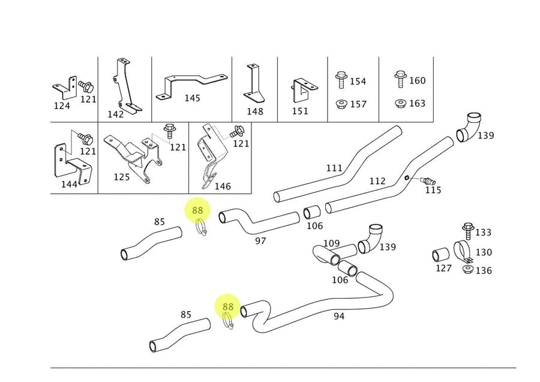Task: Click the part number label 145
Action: (x=193, y=98)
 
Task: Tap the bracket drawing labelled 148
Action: (x=254, y=84)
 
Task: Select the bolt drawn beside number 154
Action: (x=341, y=80)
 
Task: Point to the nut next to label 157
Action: (x=341, y=104)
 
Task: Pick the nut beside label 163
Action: (x=400, y=103)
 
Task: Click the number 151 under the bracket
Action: (x=300, y=111)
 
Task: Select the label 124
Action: (x=62, y=106)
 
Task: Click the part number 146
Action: (x=223, y=187)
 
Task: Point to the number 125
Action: (x=122, y=178)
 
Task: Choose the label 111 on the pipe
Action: (x=334, y=169)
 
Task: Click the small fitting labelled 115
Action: (x=428, y=180)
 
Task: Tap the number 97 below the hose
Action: (x=260, y=240)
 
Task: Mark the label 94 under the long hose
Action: (x=339, y=316)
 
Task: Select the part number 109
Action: (x=332, y=243)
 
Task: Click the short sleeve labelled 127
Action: (x=441, y=254)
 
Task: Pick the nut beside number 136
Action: (x=467, y=269)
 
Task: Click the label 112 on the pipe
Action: (x=377, y=181)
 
